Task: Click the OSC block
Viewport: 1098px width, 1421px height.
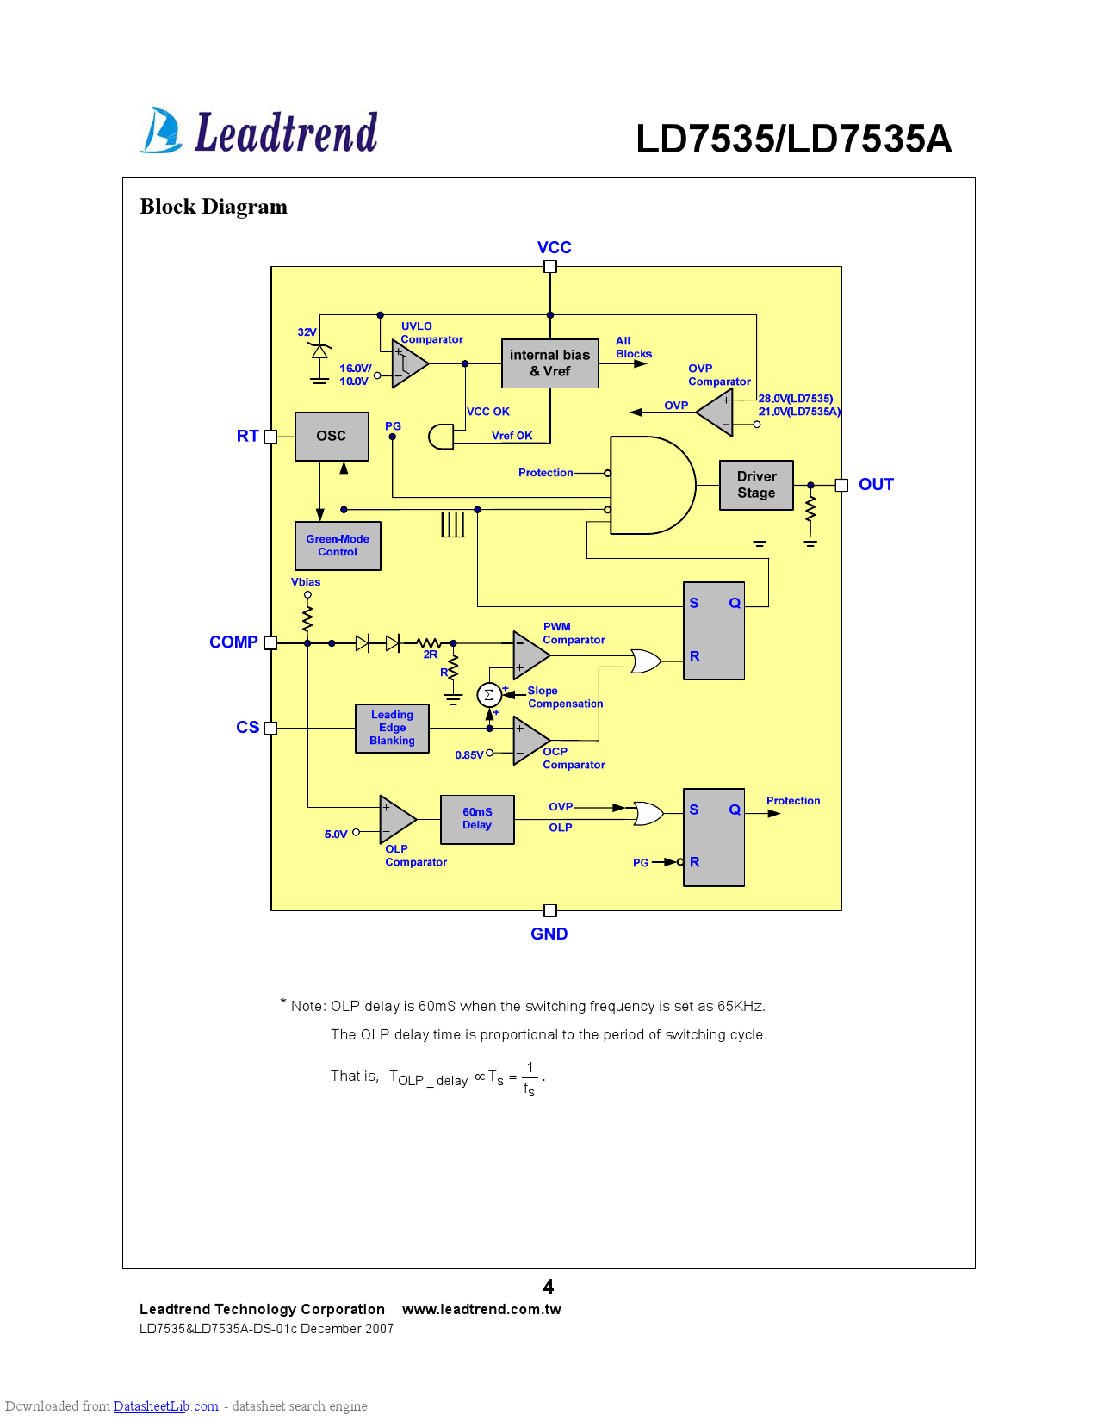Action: [x=332, y=436]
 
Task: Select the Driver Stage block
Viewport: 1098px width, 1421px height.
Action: [x=756, y=485]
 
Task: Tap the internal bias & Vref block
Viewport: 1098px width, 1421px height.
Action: [x=549, y=363]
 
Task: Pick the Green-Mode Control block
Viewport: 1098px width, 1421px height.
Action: [x=338, y=545]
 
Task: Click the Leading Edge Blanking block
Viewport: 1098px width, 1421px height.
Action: [x=392, y=728]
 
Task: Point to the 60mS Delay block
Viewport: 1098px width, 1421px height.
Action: [x=477, y=819]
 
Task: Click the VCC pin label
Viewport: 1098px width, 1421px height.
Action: [x=554, y=247]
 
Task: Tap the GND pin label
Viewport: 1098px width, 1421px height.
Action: [x=549, y=934]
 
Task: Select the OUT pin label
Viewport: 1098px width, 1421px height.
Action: [x=876, y=484]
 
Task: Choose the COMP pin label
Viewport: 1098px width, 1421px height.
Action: [x=233, y=642]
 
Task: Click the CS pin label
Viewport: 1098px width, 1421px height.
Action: [x=247, y=727]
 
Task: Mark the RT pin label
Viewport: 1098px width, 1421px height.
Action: [x=247, y=436]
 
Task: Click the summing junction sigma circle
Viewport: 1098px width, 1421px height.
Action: [x=488, y=695]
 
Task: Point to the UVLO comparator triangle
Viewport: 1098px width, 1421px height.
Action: [x=408, y=363]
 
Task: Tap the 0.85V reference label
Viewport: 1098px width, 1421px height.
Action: [x=468, y=755]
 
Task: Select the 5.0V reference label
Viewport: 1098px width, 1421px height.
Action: [x=336, y=834]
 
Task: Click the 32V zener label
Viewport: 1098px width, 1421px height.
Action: [x=307, y=332]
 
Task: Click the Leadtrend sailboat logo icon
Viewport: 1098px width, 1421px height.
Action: [x=161, y=131]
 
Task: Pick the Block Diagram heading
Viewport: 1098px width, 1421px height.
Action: [x=214, y=207]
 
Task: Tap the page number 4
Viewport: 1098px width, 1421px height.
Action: [x=549, y=1286]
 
